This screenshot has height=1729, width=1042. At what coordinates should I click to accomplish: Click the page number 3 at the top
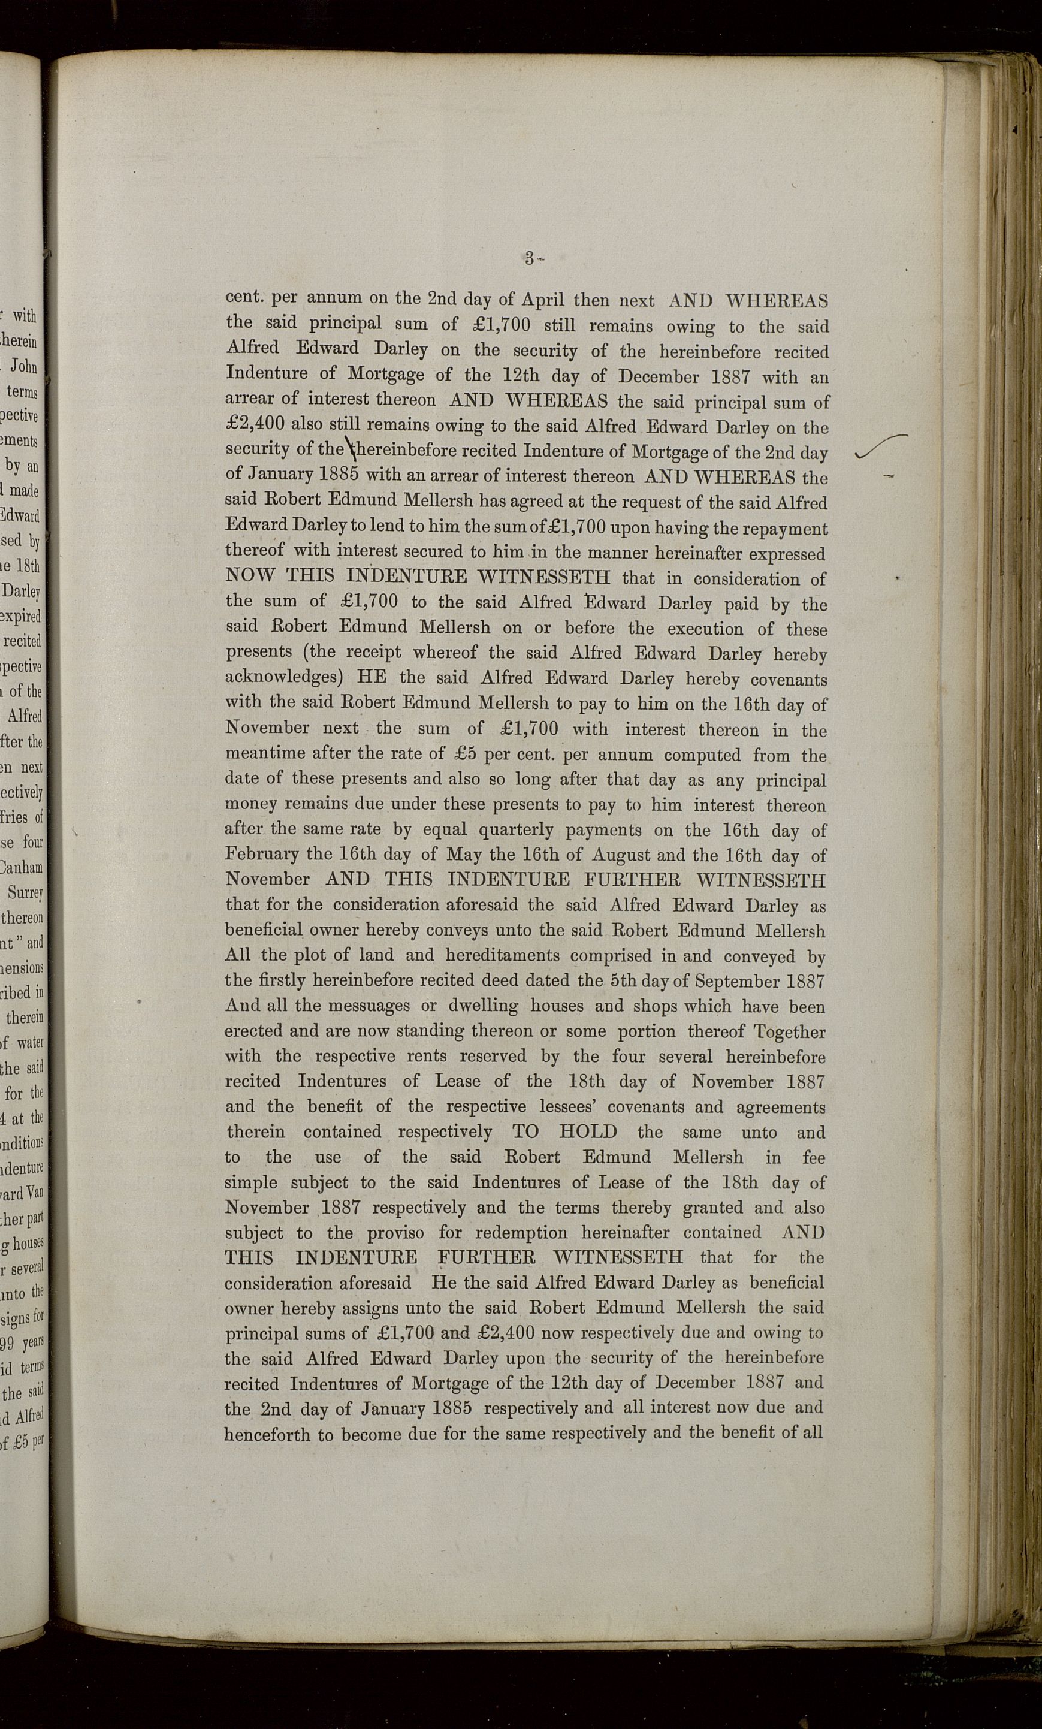point(530,258)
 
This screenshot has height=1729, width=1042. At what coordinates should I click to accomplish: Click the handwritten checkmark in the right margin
point(882,447)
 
